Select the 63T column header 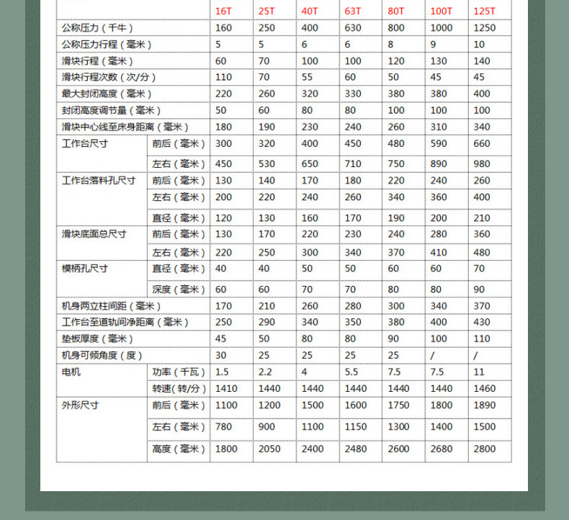(353, 11)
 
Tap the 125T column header (483, 11)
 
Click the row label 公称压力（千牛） (97, 28)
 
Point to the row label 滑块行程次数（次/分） (109, 78)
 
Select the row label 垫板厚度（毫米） (98, 339)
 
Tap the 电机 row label (71, 372)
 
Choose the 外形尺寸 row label (80, 405)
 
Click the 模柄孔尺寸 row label (84, 269)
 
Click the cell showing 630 (353, 28)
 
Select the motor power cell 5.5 (351, 372)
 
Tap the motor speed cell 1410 (226, 389)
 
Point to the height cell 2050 (269, 449)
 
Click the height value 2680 (442, 449)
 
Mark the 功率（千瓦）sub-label (179, 372)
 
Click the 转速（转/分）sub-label (179, 389)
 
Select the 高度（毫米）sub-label (179, 449)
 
